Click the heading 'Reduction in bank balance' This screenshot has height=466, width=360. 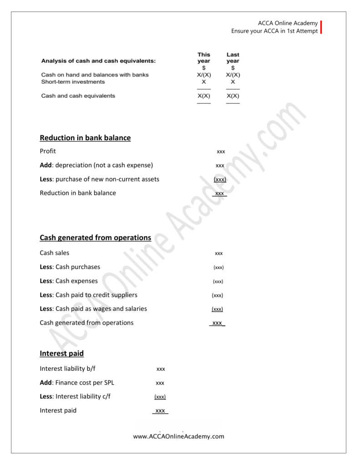[85, 138]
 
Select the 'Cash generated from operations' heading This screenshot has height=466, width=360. [95, 238]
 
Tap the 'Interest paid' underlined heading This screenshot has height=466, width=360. [61, 354]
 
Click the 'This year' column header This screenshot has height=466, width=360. [204, 58]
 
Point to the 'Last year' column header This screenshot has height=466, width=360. [233, 58]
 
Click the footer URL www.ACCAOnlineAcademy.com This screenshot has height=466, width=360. [179, 436]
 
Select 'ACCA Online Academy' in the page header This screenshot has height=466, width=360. [288, 23]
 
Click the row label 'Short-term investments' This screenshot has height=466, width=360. [73, 82]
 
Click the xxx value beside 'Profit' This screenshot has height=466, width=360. [221, 152]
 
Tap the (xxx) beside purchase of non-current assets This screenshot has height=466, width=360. [220, 180]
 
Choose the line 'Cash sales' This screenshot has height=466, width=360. [55, 253]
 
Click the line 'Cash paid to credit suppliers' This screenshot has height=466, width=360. [88, 295]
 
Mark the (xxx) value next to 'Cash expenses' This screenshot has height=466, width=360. [218, 282]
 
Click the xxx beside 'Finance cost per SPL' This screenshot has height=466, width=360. [160, 383]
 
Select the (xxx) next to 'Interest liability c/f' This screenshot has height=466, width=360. [160, 397]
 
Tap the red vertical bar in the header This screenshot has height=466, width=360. [321, 27]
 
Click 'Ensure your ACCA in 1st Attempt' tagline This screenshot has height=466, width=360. [274, 31]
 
